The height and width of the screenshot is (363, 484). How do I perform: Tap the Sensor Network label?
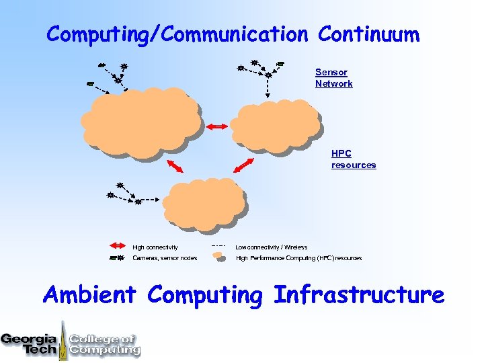click(x=333, y=78)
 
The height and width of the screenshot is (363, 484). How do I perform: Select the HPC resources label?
click(x=353, y=159)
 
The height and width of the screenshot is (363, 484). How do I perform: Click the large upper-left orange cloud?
click(x=141, y=124)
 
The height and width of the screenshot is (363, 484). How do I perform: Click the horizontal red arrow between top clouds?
click(x=216, y=126)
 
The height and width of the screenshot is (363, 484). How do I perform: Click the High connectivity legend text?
click(x=155, y=247)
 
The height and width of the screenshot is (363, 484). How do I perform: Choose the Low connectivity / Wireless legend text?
click(x=271, y=247)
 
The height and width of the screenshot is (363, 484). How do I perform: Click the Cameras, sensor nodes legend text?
click(x=165, y=258)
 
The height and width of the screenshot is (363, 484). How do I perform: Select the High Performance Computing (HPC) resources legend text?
click(x=298, y=258)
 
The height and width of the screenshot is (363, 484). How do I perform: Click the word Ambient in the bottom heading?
click(x=89, y=294)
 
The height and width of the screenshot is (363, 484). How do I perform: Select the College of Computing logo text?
click(x=104, y=344)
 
